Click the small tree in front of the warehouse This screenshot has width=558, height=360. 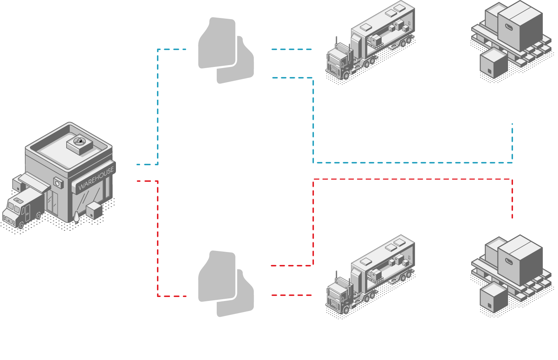(x=76, y=217)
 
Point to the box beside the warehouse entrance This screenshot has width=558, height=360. (x=94, y=210)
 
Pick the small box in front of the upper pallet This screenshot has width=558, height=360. (x=493, y=64)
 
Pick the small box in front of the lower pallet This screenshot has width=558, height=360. (x=493, y=298)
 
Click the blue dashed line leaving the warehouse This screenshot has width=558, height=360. (x=158, y=108)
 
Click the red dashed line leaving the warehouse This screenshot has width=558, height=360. (x=158, y=238)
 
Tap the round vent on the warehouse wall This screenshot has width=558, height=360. (x=58, y=183)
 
